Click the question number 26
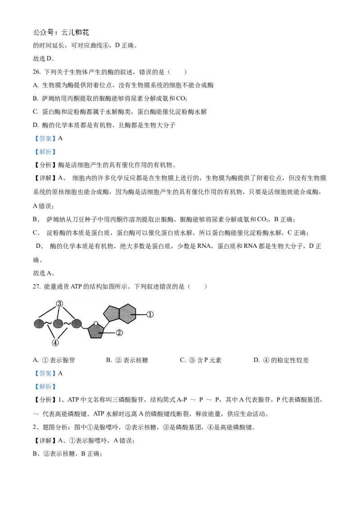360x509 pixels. [36, 72]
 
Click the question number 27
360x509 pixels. [36, 286]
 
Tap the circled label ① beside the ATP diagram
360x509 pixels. [150, 314]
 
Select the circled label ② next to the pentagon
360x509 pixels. [119, 332]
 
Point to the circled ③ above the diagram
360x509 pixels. [59, 304]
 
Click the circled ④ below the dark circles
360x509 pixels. [55, 343]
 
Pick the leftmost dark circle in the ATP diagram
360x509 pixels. [39, 324]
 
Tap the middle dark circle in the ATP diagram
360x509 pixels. [58, 324]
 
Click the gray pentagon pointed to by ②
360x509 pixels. [96, 331]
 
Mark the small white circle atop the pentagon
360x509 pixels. [96, 323]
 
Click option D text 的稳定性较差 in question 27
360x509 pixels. [290, 360]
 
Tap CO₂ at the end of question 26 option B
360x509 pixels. [182, 98]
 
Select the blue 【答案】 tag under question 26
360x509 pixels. [45, 138]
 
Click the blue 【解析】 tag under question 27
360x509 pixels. [45, 386]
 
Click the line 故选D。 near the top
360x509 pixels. [44, 58]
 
